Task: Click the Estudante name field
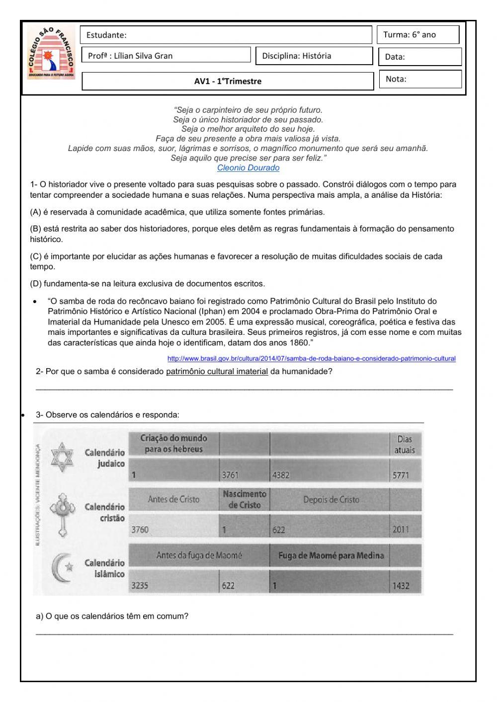click(226, 35)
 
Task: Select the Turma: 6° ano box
click(417, 35)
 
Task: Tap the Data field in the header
click(419, 57)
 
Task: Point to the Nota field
click(419, 79)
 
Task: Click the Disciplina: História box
click(314, 56)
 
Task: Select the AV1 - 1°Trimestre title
click(228, 81)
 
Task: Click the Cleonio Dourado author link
click(248, 168)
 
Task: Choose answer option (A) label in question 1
click(35, 212)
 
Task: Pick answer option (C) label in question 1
click(35, 256)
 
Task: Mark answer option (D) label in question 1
click(35, 284)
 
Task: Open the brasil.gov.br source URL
click(311, 359)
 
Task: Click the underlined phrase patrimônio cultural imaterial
click(217, 371)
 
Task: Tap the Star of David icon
click(62, 456)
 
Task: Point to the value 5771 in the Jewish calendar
click(401, 475)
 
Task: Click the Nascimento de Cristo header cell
click(244, 499)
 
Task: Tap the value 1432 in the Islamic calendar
click(401, 586)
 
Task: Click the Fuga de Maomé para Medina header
click(331, 555)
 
